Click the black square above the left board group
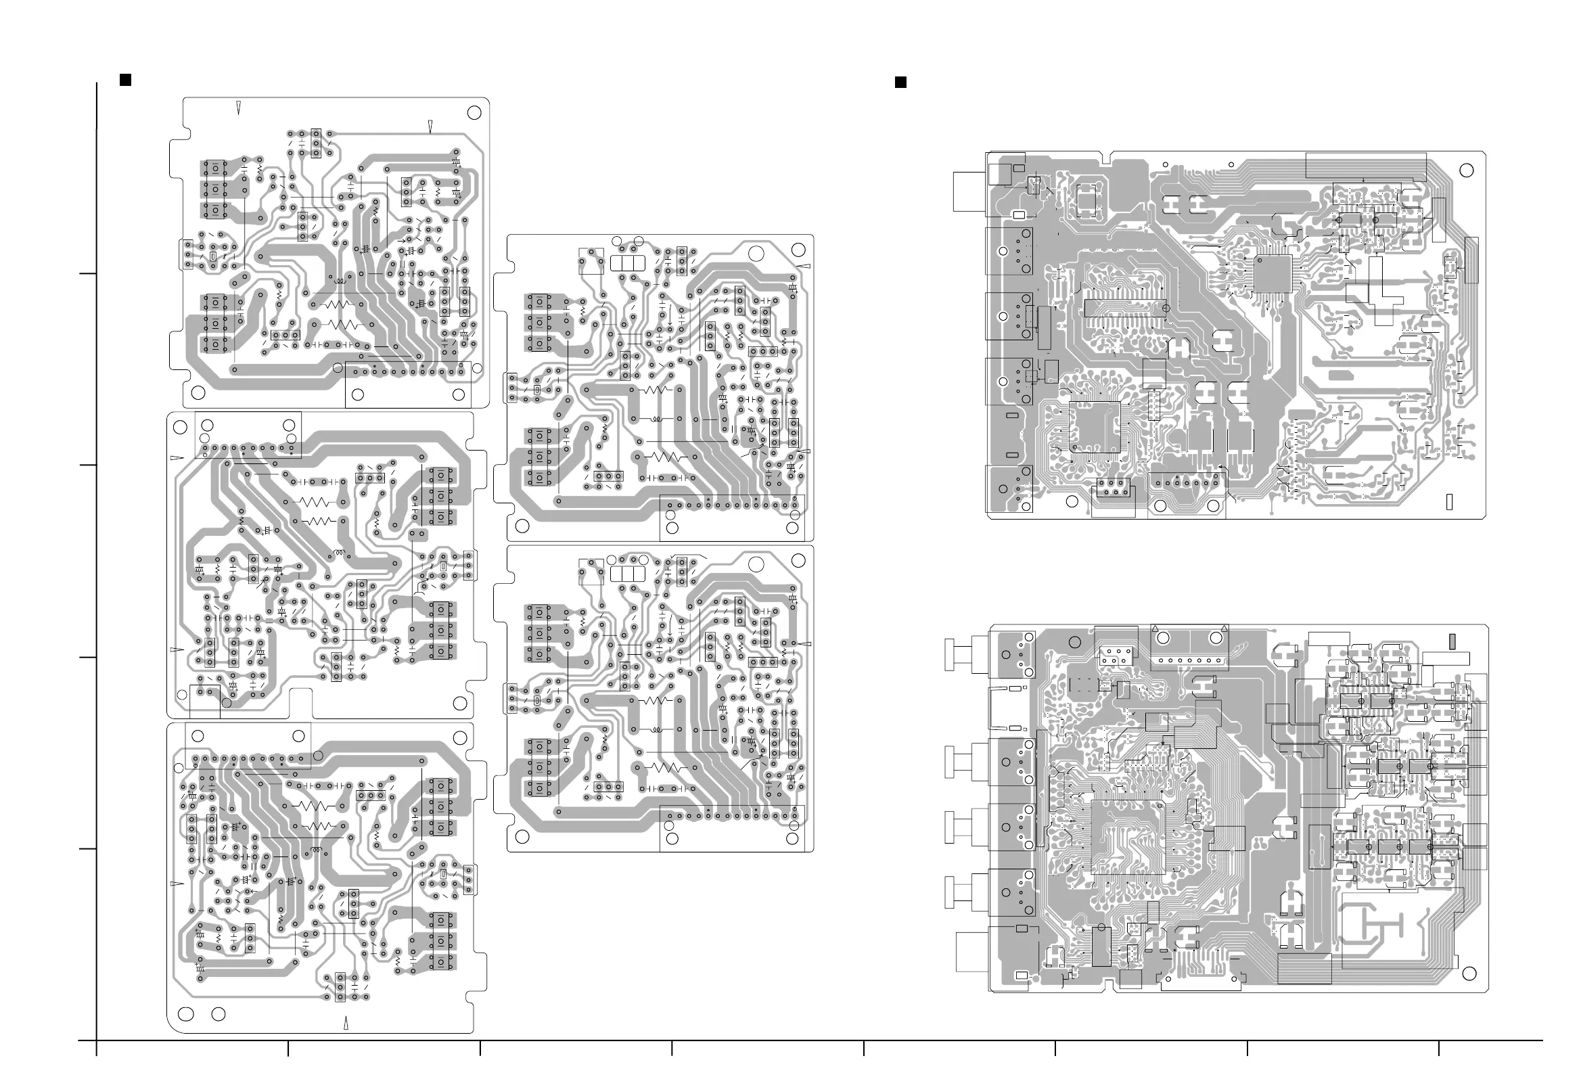pyautogui.click(x=125, y=81)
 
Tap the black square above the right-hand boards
pyautogui.click(x=900, y=83)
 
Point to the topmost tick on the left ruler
pyautogui.click(x=88, y=273)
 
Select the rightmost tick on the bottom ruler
pyautogui.click(x=1439, y=1049)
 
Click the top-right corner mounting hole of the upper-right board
pyautogui.click(x=1467, y=170)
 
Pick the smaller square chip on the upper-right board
pyautogui.click(x=1272, y=274)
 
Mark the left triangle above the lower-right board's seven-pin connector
pyautogui.click(x=1154, y=627)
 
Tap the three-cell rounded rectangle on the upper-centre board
pyautogui.click(x=626, y=263)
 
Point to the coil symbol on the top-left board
pyautogui.click(x=338, y=280)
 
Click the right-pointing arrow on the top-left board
pyautogui.click(x=405, y=239)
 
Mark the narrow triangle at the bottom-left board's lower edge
pyautogui.click(x=346, y=1023)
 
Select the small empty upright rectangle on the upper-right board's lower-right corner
pyautogui.click(x=1449, y=501)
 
